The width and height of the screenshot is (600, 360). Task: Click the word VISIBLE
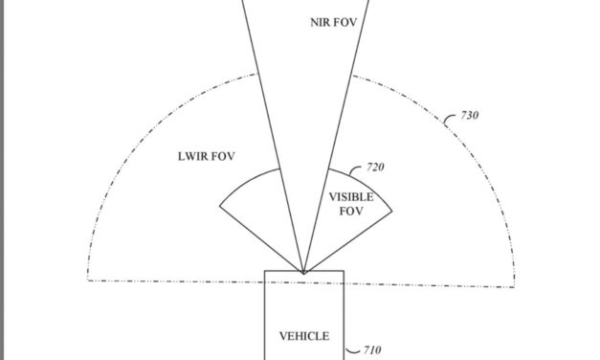[351, 197]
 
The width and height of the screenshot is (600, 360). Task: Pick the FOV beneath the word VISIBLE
[351, 211]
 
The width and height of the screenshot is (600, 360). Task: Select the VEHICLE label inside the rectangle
[303, 336]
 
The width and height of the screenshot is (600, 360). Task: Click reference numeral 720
[375, 168]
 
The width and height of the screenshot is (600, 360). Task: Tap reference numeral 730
[469, 117]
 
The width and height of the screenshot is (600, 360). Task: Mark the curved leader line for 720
[356, 169]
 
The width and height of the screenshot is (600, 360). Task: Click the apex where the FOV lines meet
[304, 273]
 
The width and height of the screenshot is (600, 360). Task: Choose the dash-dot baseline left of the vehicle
[172, 279]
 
